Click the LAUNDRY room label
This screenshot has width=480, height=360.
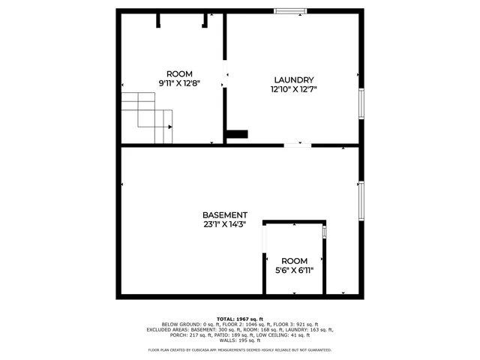click(x=293, y=80)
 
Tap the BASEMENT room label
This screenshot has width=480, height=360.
click(x=224, y=214)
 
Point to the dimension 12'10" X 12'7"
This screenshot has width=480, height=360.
click(x=293, y=89)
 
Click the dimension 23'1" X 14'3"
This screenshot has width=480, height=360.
click(x=224, y=223)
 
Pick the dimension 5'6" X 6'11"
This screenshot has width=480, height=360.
click(x=294, y=270)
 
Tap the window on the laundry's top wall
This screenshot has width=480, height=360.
click(x=289, y=10)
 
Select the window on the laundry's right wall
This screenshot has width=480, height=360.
click(x=361, y=103)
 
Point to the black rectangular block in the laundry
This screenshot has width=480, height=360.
click(x=238, y=134)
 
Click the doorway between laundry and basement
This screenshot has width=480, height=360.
click(x=298, y=145)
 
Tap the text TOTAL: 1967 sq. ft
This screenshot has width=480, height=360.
click(x=239, y=319)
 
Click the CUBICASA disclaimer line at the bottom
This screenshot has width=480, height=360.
click(x=239, y=349)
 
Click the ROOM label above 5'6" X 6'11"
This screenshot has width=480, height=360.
click(x=294, y=261)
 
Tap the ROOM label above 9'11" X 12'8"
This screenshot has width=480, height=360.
click(x=179, y=73)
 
